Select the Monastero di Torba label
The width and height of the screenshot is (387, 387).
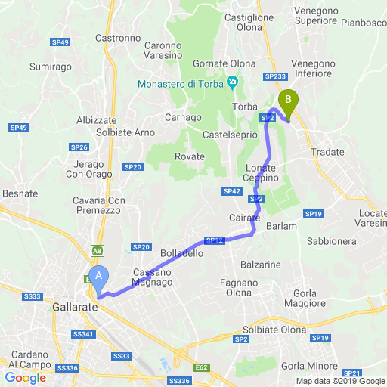tap(181, 83)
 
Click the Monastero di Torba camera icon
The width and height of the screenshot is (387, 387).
tap(233, 82)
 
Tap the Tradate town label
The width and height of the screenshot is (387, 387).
tap(327, 152)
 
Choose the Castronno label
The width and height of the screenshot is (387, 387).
tap(119, 37)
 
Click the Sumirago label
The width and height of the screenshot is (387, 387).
tap(50, 67)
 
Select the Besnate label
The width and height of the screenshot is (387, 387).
tap(20, 193)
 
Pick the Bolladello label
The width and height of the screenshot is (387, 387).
tap(181, 253)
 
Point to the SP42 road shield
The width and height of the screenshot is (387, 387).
tap(231, 192)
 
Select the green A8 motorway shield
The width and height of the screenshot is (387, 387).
tap(98, 249)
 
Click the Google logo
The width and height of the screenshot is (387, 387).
tap(24, 378)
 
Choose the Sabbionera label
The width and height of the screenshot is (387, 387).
tap(332, 241)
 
